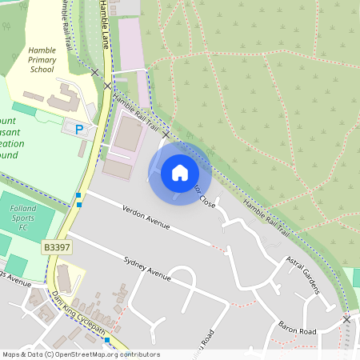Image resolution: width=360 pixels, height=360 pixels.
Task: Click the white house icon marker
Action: tap(180, 172)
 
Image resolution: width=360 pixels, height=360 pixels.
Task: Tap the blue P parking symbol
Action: tap(78, 129)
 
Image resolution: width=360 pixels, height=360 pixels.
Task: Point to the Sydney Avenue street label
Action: tap(147, 269)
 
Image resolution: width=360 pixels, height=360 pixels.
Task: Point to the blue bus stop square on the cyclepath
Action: tap(107, 340)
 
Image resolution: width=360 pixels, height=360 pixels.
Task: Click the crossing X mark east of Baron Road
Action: tap(346, 318)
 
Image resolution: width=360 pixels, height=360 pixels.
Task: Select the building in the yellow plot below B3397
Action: tap(64, 279)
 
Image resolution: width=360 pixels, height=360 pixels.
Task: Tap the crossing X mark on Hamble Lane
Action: tap(107, 86)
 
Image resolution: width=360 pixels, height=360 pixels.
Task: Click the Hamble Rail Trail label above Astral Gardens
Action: tap(264, 212)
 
